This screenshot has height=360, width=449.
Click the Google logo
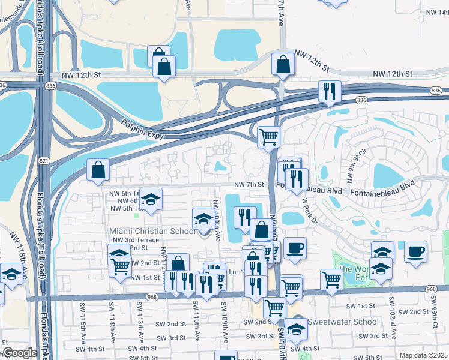point(20,353)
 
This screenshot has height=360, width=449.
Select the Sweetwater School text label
point(343,322)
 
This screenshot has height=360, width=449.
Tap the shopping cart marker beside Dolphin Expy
point(268,137)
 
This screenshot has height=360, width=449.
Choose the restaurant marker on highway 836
point(330,91)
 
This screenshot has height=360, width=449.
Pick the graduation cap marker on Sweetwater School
point(295,328)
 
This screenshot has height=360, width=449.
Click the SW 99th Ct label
point(434,313)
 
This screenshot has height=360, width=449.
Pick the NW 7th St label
point(249,184)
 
